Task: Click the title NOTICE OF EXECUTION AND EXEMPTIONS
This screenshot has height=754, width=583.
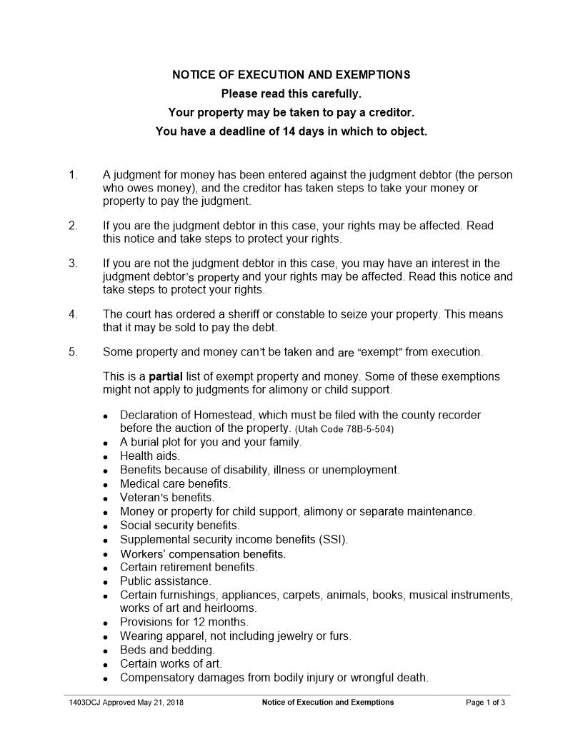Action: pyautogui.click(x=291, y=74)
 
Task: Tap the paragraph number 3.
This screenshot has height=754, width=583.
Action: pyautogui.click(x=72, y=263)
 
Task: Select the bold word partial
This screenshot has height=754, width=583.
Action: pyautogui.click(x=166, y=376)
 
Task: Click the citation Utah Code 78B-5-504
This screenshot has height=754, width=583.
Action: pyautogui.click(x=344, y=429)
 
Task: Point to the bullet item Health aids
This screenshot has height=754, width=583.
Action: pyautogui.click(x=149, y=456)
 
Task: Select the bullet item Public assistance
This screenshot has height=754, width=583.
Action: pyautogui.click(x=165, y=581)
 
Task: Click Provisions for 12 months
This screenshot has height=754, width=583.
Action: pyautogui.click(x=184, y=622)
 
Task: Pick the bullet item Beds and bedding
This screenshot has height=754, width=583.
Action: pyautogui.click(x=166, y=650)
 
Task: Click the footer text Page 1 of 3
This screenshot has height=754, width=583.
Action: pyautogui.click(x=485, y=703)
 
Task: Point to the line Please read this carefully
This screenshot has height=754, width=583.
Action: pyautogui.click(x=291, y=94)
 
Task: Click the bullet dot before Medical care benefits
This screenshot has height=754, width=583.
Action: pyautogui.click(x=105, y=484)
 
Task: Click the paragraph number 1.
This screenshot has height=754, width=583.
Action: pyautogui.click(x=72, y=175)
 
